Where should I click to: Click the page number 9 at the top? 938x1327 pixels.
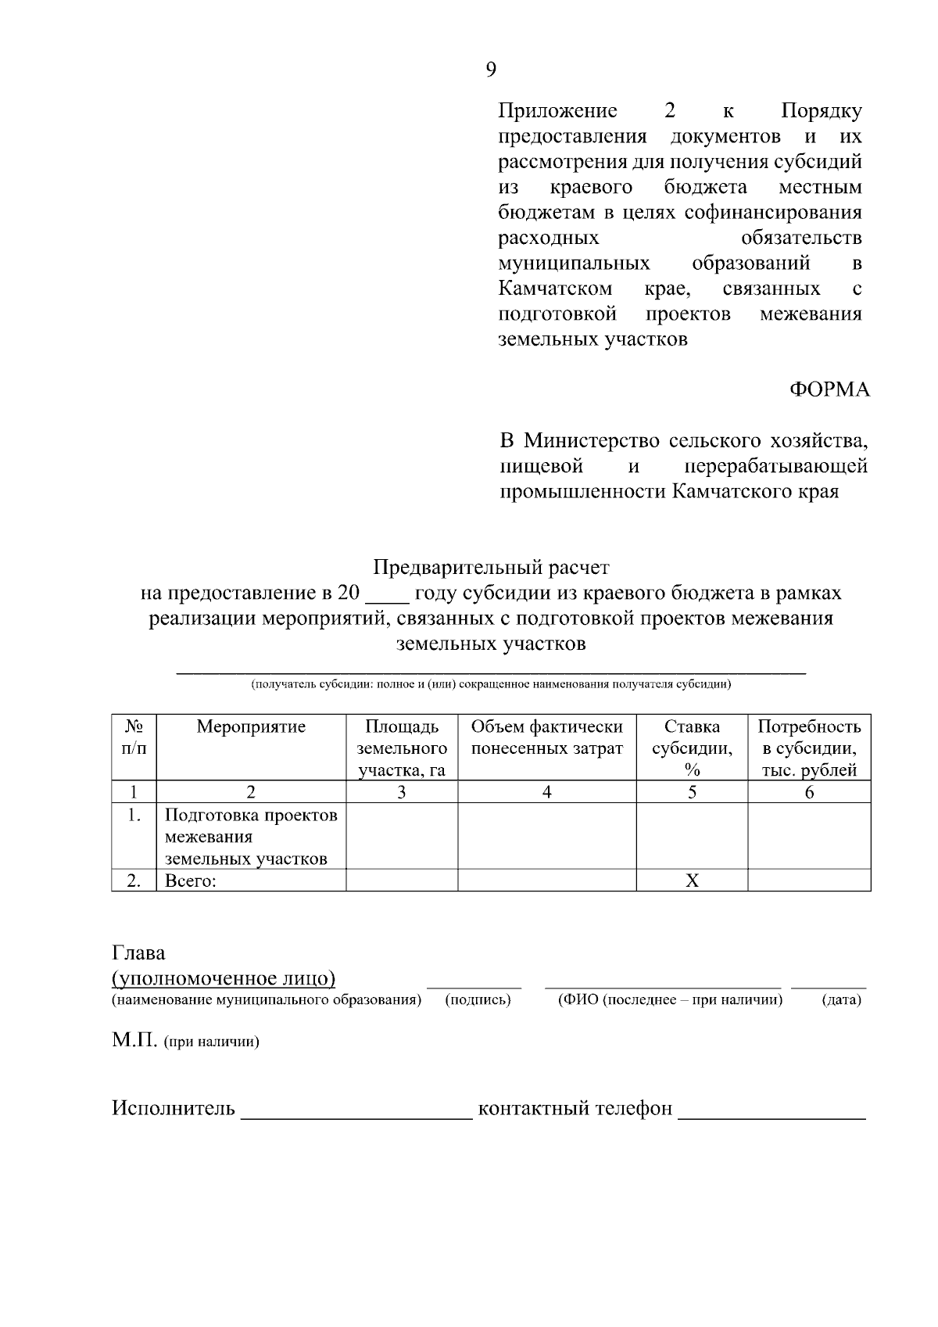click(x=491, y=70)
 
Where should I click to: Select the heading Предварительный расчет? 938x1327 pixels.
click(x=490, y=566)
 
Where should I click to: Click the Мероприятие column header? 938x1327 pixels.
click(x=251, y=727)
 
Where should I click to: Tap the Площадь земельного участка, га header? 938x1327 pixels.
click(x=402, y=748)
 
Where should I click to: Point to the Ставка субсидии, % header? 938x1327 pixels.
click(x=692, y=748)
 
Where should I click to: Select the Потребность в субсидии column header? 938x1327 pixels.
click(x=809, y=748)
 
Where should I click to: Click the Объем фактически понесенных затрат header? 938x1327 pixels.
click(x=546, y=737)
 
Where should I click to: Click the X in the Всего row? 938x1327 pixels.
click(x=692, y=881)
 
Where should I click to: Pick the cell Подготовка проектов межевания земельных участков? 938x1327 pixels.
click(x=251, y=837)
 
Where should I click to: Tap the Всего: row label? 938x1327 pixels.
click(x=190, y=881)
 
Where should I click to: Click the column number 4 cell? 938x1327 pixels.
click(x=546, y=792)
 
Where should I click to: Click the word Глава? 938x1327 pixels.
click(x=139, y=953)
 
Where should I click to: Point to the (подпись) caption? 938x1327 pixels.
click(x=478, y=1000)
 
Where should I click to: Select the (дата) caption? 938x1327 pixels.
click(x=841, y=1000)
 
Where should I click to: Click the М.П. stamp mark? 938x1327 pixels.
click(x=135, y=1042)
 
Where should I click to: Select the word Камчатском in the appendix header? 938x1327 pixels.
click(x=555, y=289)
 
